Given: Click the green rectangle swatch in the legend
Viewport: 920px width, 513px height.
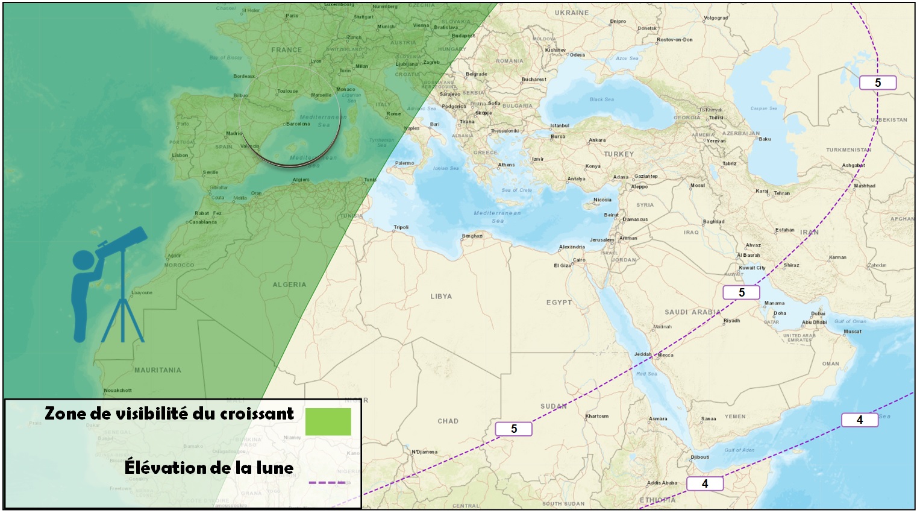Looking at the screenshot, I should click(328, 421).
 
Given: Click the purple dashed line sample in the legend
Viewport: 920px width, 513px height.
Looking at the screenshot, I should click(327, 483).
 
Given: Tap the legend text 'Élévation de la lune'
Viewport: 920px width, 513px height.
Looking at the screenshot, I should click(209, 468).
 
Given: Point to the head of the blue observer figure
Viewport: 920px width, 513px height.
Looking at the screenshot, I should click(84, 261).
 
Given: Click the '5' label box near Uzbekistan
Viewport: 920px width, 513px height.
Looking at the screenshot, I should click(877, 83).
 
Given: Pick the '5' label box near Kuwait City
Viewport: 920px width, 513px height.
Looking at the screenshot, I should click(741, 292).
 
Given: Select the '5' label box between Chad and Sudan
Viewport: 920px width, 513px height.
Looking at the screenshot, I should click(513, 429).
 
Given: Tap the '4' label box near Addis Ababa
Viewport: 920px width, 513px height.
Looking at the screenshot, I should click(704, 483).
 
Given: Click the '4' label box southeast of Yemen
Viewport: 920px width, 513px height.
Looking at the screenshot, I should click(859, 420).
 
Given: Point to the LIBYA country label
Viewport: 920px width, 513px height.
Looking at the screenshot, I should click(441, 297).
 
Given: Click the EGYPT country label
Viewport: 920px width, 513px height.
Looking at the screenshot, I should click(559, 303).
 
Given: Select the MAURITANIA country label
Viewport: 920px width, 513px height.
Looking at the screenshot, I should click(157, 370).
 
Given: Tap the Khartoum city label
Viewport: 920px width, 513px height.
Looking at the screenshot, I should click(597, 416).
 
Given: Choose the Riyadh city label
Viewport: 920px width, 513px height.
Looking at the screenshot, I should click(731, 321).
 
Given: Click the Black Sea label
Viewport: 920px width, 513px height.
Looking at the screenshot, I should click(601, 99).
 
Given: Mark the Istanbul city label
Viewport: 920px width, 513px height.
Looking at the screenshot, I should click(559, 126).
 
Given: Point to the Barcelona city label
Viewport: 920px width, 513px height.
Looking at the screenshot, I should click(298, 124).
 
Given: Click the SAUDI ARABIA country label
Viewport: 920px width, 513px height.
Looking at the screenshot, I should click(692, 312).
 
